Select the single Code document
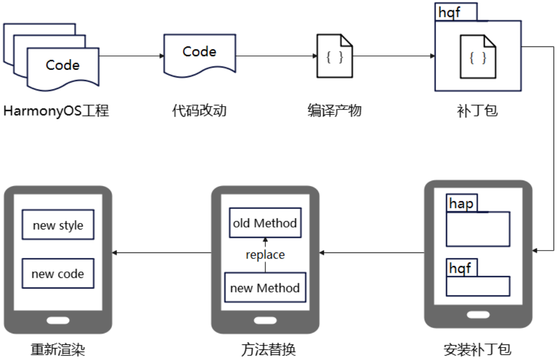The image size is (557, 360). (199, 54)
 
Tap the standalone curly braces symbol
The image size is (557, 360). (334, 57)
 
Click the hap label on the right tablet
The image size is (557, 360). (461, 203)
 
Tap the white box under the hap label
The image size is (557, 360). (477, 229)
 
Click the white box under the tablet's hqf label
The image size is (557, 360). (477, 286)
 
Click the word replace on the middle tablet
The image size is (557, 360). (265, 254)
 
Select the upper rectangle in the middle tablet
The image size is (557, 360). (265, 222)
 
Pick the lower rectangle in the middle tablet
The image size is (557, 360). (265, 287)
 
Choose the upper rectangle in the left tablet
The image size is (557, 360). (58, 224)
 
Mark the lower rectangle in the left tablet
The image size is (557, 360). (58, 273)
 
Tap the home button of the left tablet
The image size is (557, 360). (58, 320)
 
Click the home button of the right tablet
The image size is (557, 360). (478, 314)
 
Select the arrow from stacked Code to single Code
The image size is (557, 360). (131, 56)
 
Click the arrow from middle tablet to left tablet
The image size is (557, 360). (161, 252)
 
